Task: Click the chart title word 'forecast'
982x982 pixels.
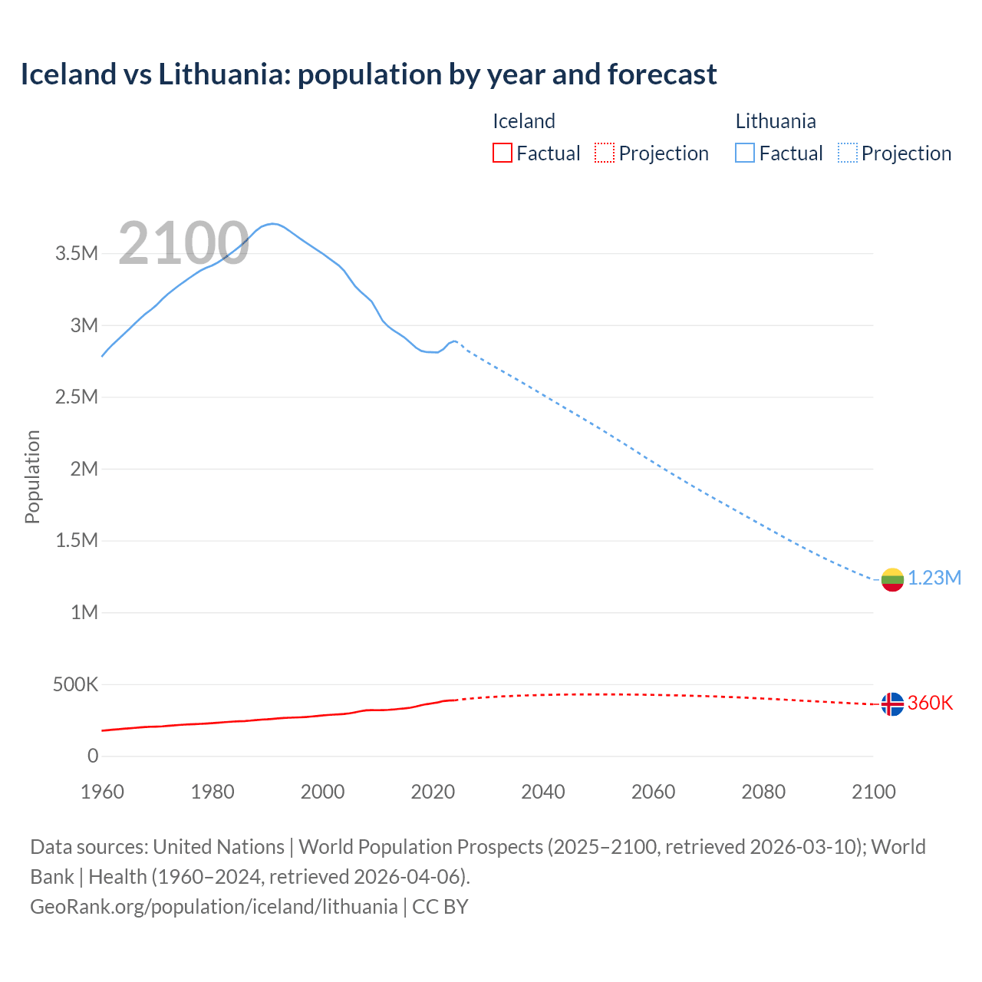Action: coord(662,74)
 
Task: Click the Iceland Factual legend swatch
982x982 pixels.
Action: coord(502,153)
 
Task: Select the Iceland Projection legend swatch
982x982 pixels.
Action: coord(605,153)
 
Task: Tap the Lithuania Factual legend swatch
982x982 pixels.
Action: coord(745,153)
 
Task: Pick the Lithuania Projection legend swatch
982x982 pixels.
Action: coord(848,153)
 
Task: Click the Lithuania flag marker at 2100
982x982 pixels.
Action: coord(892,579)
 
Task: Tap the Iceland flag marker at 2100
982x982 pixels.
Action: coord(892,704)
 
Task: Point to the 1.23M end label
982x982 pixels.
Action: coord(934,578)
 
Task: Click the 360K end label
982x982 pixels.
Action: coord(930,704)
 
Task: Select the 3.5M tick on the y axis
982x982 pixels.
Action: coord(77,254)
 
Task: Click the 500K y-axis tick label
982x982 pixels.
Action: coord(75,684)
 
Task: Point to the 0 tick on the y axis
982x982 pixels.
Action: coord(93,756)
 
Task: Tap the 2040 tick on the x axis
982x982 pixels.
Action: coord(543,793)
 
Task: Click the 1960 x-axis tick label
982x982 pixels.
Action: coord(102,793)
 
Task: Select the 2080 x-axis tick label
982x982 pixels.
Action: coord(763,793)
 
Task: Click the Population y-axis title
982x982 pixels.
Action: coord(32,476)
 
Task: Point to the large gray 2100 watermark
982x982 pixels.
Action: coord(183,244)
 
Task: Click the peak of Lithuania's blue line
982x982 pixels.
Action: coord(272,224)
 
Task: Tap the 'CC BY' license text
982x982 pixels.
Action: coord(440,907)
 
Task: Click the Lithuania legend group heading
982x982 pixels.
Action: coord(776,121)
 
